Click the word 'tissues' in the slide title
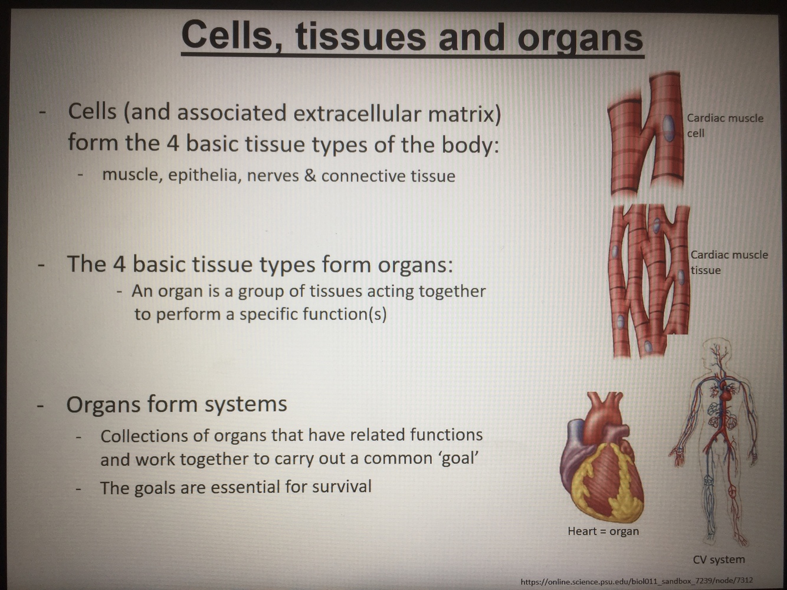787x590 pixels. (360, 37)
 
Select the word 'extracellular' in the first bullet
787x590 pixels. (356, 113)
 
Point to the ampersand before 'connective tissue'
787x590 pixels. (310, 176)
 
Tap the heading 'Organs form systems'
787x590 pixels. (176, 404)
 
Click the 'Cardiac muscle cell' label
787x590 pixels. (724, 125)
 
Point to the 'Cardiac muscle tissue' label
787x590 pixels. (729, 262)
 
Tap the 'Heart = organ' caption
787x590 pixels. (603, 531)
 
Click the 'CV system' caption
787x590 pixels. (719, 559)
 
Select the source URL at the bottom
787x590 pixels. (637, 581)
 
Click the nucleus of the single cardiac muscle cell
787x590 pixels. (668, 128)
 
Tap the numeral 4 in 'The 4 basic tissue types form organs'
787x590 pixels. (119, 263)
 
